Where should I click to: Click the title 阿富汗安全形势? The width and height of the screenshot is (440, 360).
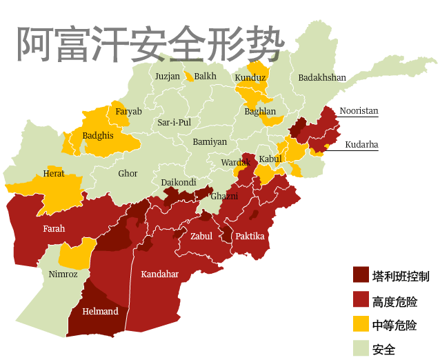[x=150, y=45]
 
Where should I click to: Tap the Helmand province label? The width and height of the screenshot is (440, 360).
[x=100, y=312]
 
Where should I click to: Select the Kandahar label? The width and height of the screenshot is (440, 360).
[x=159, y=274]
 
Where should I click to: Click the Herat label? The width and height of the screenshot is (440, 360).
[x=54, y=174]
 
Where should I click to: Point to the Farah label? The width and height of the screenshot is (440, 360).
[x=54, y=228]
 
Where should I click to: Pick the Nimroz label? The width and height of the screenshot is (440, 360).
[x=63, y=274]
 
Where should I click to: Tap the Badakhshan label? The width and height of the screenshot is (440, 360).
[x=321, y=78]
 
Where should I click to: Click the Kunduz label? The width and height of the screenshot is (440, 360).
[x=250, y=78]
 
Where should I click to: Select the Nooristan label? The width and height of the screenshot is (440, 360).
[x=359, y=111]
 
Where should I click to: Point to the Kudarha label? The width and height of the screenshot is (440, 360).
[x=361, y=145]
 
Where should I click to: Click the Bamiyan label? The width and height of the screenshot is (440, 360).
[x=210, y=142]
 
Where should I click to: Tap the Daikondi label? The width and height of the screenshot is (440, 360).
[x=179, y=183]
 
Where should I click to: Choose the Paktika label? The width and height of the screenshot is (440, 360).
[x=250, y=237]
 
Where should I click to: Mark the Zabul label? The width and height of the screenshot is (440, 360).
[x=201, y=237]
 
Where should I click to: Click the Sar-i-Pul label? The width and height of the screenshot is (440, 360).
[x=174, y=123]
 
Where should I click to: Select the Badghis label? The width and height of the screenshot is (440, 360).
[x=98, y=136]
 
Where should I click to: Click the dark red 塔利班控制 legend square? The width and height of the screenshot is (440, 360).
[x=361, y=276]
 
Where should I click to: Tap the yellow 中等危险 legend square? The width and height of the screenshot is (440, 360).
[x=361, y=324]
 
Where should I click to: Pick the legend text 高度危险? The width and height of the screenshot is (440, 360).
[x=394, y=301]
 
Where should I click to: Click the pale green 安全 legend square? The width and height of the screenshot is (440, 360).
[x=361, y=348]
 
